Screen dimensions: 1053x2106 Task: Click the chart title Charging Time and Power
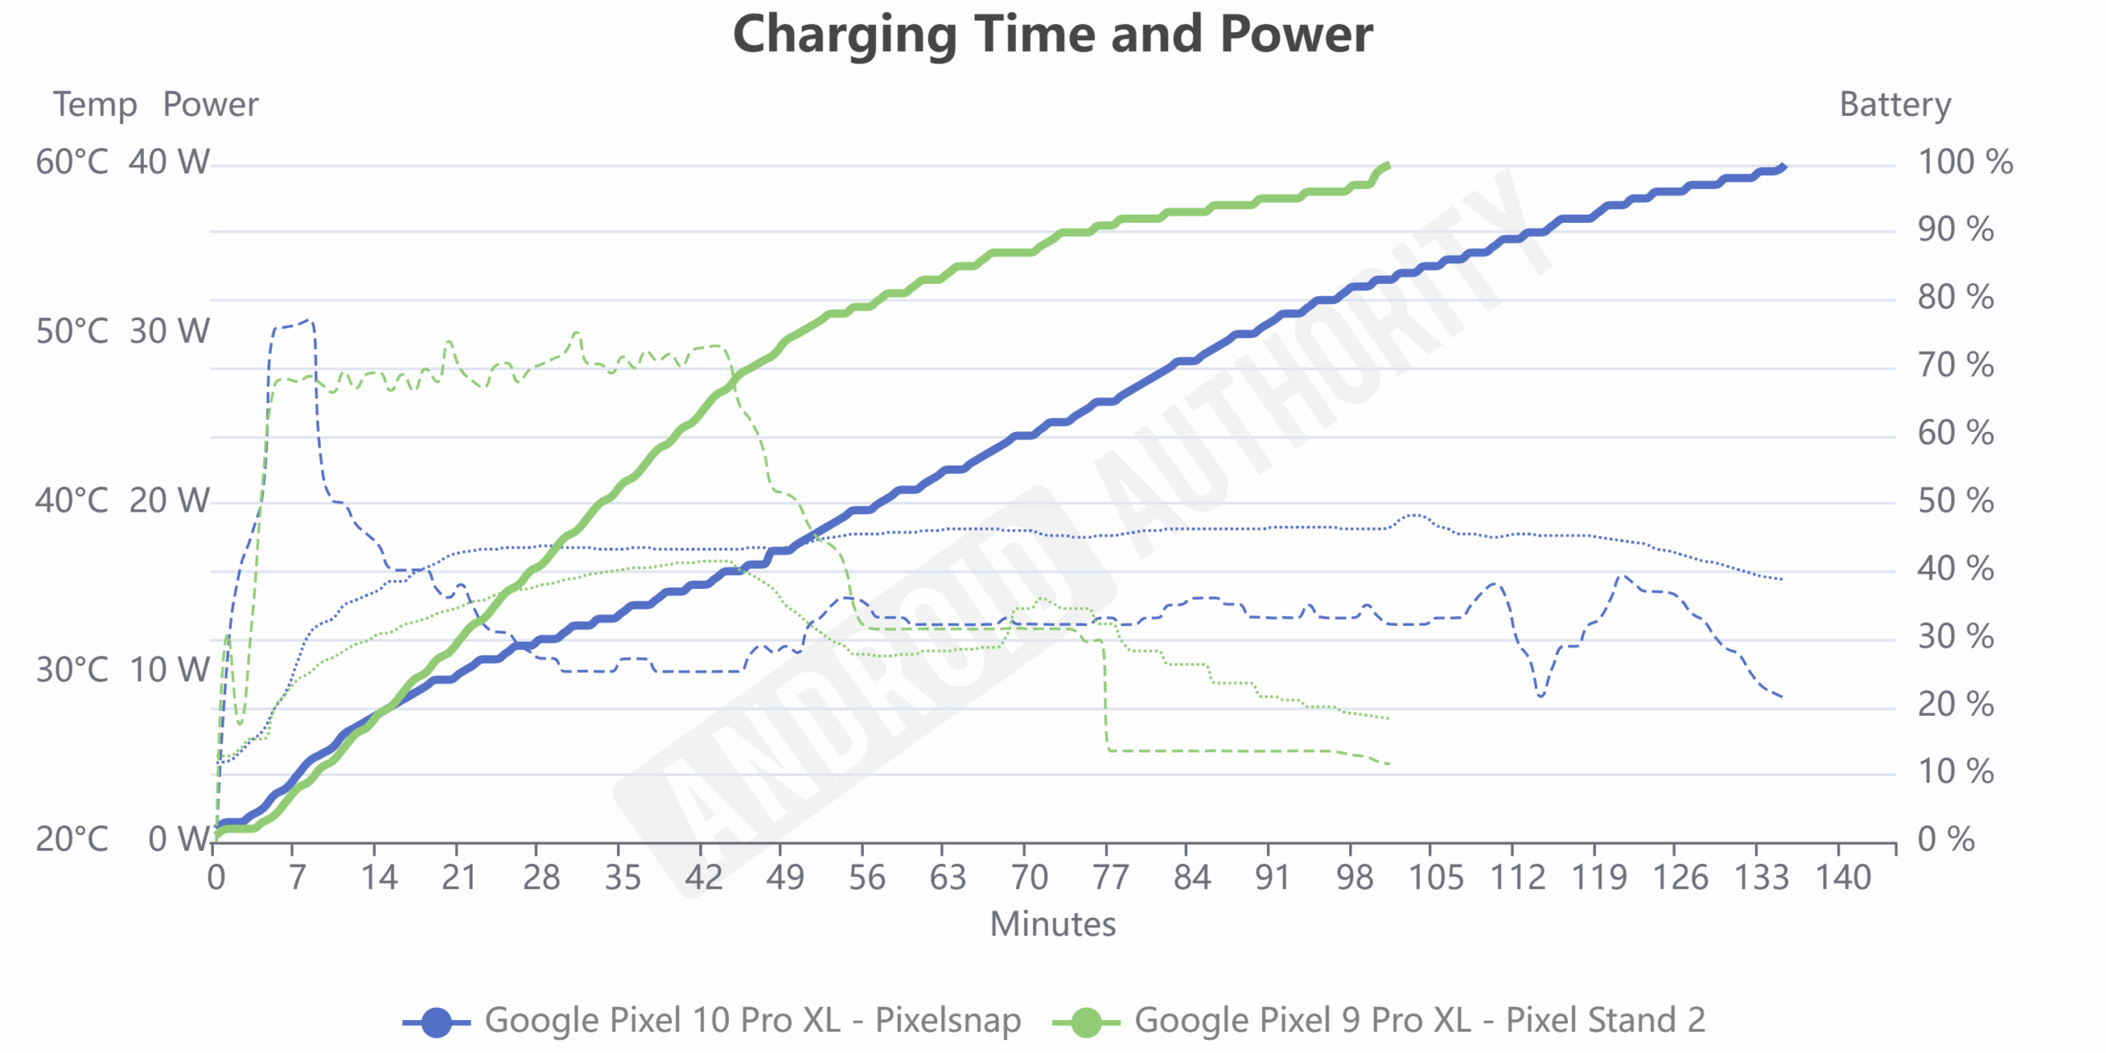click(x=1052, y=35)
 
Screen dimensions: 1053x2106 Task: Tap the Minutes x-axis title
click(x=1052, y=924)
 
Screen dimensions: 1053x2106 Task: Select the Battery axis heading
click(x=1895, y=104)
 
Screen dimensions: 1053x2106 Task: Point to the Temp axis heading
click(x=95, y=104)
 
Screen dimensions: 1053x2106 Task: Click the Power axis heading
click(x=211, y=104)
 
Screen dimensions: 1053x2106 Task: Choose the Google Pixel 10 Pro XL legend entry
click(x=712, y=1020)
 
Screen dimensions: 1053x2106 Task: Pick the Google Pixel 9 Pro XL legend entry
click(x=1378, y=1020)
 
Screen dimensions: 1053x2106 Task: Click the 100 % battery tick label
click(x=1965, y=162)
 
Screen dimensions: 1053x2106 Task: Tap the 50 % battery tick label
click(x=1955, y=501)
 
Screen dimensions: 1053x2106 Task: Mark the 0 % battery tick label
click(x=1946, y=839)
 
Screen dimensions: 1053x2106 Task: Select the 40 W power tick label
click(x=169, y=162)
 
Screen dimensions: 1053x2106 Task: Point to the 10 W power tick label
click(x=169, y=670)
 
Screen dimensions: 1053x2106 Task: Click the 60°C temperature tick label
click(x=72, y=162)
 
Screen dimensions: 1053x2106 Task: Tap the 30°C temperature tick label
click(x=72, y=670)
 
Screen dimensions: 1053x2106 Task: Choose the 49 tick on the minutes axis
click(x=785, y=878)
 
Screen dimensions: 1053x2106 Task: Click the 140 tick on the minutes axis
click(x=1843, y=878)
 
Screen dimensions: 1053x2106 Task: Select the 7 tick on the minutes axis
click(x=297, y=878)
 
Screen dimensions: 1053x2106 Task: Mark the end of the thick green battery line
click(x=1388, y=165)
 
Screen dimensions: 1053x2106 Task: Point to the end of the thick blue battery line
click(x=1783, y=167)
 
